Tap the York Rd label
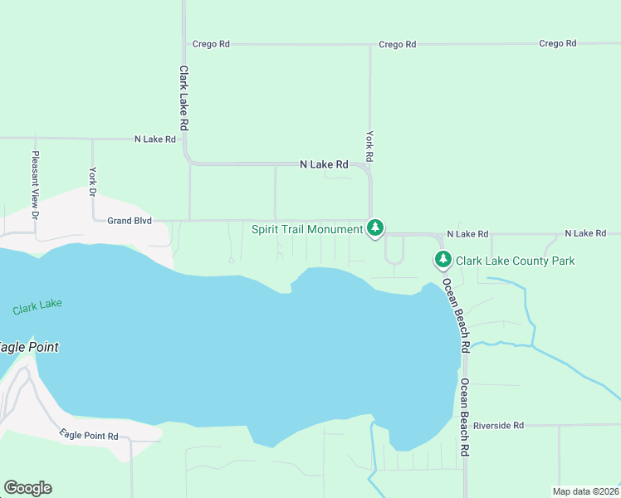point(370,145)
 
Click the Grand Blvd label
point(129,221)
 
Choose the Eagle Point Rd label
point(89,436)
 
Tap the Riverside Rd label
point(498,426)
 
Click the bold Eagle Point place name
point(28,347)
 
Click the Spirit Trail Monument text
point(306,227)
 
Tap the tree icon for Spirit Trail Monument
point(375,227)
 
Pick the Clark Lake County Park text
point(515,261)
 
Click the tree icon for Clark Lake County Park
point(443,261)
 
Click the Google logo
point(27,488)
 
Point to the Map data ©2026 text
point(586,491)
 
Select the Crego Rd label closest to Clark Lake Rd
point(210,44)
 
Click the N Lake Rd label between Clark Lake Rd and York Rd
point(324,165)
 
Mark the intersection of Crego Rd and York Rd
point(370,45)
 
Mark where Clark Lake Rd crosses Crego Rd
point(183,44)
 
